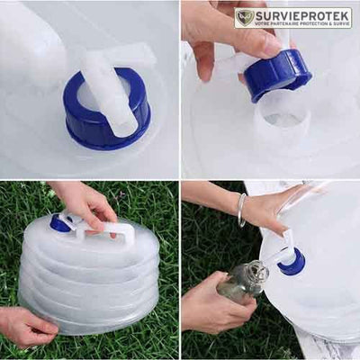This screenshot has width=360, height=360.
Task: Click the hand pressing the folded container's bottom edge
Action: click(24, 327)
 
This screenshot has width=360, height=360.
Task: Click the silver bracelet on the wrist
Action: click(241, 209)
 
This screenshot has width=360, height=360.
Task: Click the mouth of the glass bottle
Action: click(258, 267)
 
